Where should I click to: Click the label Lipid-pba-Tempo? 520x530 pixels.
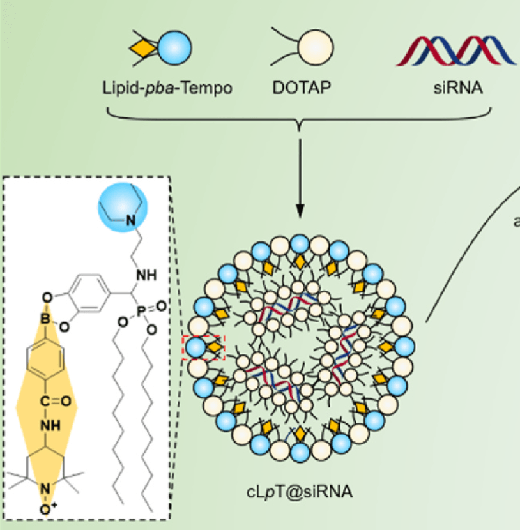tap(167, 87)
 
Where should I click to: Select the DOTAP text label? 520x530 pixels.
tap(300, 87)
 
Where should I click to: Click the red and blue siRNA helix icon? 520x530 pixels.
tap(456, 51)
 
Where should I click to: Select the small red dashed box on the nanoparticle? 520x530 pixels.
tap(204, 349)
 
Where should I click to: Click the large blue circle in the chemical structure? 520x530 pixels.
tap(123, 208)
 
